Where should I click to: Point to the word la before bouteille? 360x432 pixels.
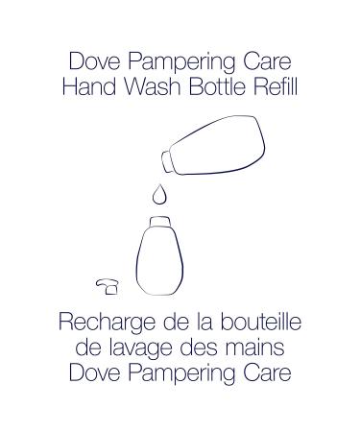181,323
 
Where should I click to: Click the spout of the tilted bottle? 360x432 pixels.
167,157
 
